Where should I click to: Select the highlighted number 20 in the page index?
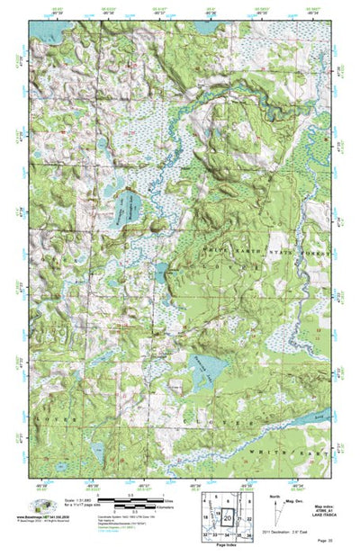click(227, 518)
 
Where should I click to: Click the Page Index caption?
click(227, 545)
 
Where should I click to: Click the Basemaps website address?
click(41, 517)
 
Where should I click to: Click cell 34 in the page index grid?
click(227, 534)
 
